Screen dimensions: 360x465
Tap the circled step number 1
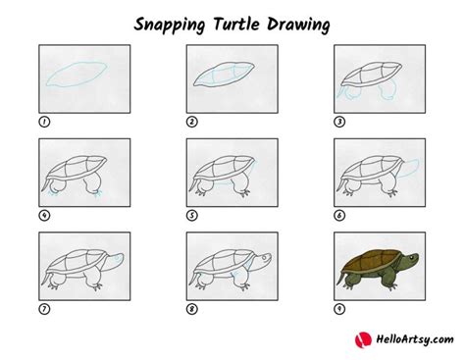43,122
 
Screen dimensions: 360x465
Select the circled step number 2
192,122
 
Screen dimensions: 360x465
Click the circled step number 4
43,216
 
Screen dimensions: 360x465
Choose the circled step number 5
192,216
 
